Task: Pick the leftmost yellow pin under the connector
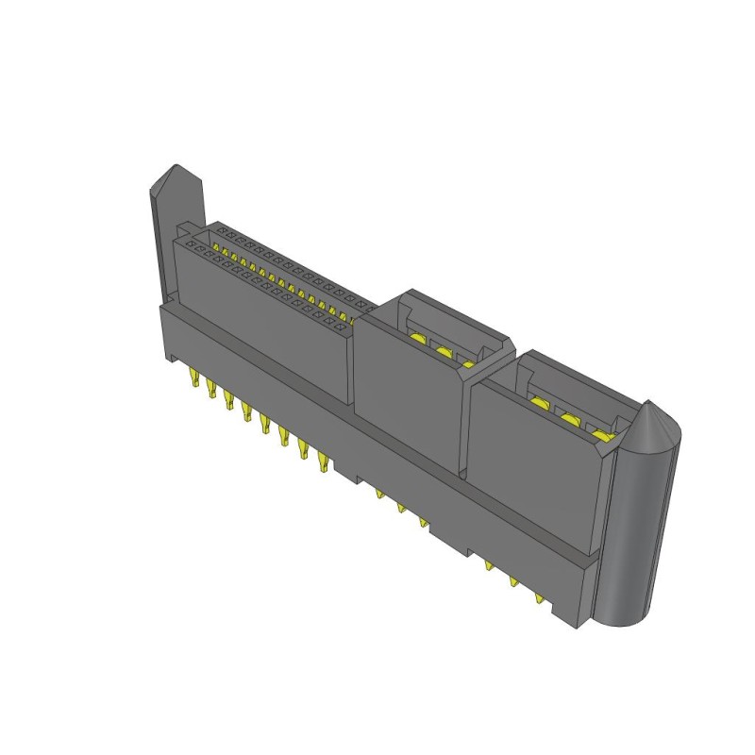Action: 193,382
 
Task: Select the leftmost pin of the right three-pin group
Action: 489,564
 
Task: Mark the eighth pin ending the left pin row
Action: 324,462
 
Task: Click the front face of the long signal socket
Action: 264,321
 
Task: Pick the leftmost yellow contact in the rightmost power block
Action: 539,403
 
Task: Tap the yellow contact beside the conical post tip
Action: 601,435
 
